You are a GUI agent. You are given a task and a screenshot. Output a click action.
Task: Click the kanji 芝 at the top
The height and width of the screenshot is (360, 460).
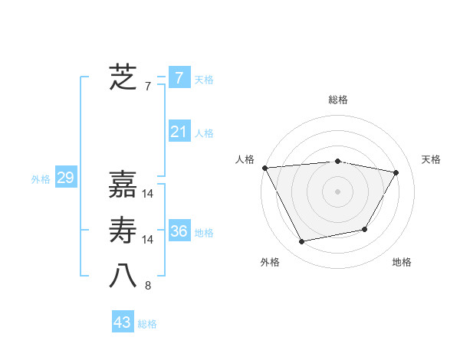pyautogui.click(x=123, y=77)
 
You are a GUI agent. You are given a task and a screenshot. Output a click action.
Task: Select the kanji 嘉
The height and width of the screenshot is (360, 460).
pyautogui.click(x=123, y=184)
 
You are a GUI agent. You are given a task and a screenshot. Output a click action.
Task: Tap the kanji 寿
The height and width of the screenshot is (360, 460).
pyautogui.click(x=123, y=231)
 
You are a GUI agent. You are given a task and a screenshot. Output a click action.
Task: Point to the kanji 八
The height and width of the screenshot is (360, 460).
pyautogui.click(x=123, y=277)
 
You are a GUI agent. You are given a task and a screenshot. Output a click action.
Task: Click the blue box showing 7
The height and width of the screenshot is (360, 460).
pyautogui.click(x=179, y=78)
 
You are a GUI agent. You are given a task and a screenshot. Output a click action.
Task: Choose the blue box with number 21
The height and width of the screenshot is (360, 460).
pyautogui.click(x=179, y=132)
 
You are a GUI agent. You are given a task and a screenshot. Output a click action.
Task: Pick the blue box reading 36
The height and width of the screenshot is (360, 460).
pyautogui.click(x=179, y=231)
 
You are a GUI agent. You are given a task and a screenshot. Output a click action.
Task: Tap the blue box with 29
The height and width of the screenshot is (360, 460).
pyautogui.click(x=65, y=178)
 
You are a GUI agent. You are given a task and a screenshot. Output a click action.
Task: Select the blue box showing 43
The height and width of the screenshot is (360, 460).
pyautogui.click(x=123, y=322)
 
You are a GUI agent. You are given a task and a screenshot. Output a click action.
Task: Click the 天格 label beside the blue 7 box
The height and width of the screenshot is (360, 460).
pyautogui.click(x=204, y=80)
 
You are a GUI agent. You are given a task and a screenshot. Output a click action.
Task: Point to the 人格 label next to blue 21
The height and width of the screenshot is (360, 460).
pyautogui.click(x=204, y=133)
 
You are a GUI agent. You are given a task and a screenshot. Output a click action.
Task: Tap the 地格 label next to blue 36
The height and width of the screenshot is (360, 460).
pyautogui.click(x=204, y=233)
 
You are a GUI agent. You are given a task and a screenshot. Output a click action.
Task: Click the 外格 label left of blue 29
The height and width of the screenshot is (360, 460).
pyautogui.click(x=41, y=180)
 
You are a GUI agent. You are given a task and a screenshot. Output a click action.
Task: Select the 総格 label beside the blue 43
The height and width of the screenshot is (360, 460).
pyautogui.click(x=147, y=324)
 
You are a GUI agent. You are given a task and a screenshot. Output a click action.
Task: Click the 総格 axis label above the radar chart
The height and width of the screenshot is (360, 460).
pyautogui.click(x=337, y=100)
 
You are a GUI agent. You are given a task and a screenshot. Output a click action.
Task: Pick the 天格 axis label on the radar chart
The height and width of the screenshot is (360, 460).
pyautogui.click(x=432, y=159)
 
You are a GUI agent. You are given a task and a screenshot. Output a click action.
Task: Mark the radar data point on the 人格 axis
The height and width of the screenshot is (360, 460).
pyautogui.click(x=264, y=168)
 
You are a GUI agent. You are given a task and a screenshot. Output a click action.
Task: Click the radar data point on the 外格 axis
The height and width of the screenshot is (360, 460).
pyautogui.click(x=302, y=242)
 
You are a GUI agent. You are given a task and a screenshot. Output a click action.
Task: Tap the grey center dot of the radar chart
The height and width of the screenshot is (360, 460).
pyautogui.click(x=337, y=191)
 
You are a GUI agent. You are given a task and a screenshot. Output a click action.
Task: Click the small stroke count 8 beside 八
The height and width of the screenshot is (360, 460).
pyautogui.click(x=147, y=286)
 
